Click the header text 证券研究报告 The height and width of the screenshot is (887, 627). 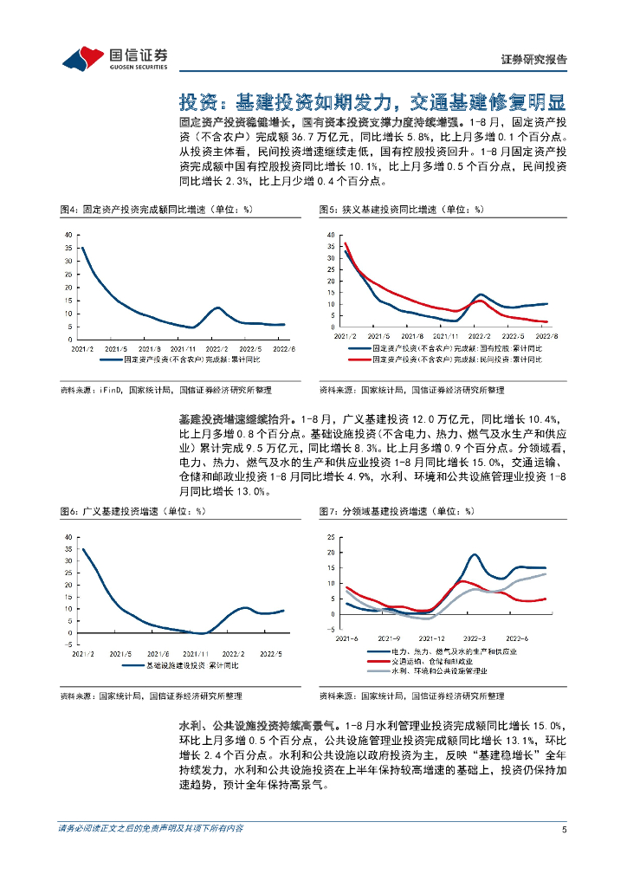534,60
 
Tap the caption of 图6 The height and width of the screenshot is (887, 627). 133,511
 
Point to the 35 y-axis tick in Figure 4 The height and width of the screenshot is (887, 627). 68,249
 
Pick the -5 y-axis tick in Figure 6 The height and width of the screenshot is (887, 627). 68,644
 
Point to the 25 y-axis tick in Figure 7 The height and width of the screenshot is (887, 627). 331,538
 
